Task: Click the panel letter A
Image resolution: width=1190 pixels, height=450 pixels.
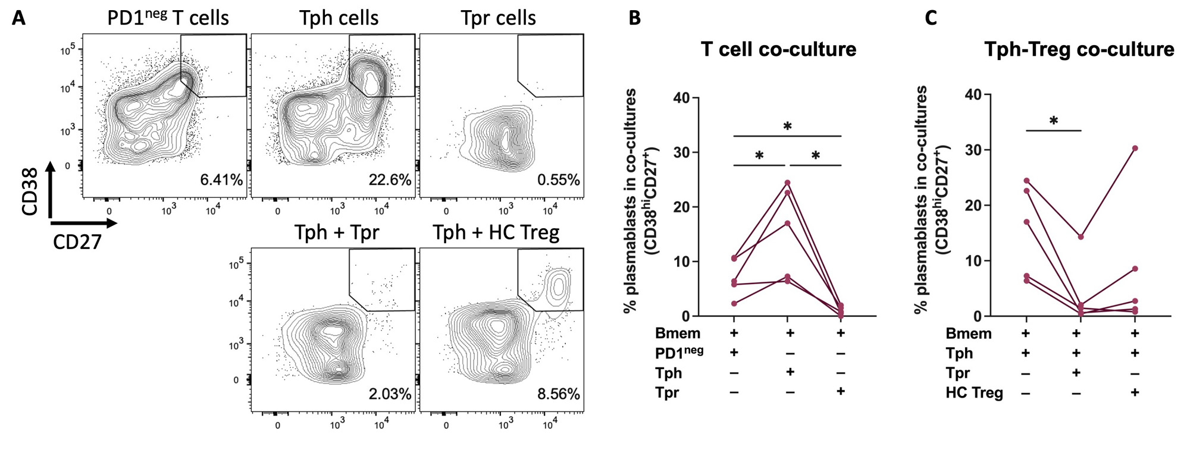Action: (19, 18)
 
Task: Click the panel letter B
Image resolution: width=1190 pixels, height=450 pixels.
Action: (635, 18)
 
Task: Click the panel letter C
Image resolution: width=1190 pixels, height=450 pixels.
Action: (931, 18)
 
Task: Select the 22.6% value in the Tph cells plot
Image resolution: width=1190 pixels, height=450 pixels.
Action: (390, 180)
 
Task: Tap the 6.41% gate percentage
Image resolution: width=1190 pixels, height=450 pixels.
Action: (221, 180)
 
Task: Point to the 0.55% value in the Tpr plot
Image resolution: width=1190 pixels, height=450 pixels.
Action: (558, 180)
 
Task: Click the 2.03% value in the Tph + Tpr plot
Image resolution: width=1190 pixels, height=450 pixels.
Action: (390, 394)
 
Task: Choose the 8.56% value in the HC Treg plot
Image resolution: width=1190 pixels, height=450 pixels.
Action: (558, 394)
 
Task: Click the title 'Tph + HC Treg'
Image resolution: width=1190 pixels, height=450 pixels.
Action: (496, 232)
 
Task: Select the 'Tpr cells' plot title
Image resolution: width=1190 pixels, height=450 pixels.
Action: (498, 18)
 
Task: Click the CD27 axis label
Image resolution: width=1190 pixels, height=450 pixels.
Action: (77, 242)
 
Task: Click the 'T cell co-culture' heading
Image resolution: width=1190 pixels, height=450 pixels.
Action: (778, 49)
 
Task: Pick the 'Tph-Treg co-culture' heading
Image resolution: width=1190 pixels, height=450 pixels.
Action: (1079, 49)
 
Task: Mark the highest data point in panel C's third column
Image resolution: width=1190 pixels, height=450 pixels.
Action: (1135, 148)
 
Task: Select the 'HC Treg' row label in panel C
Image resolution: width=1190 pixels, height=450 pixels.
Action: (974, 393)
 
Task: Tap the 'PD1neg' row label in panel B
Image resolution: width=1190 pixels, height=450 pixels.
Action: (678, 353)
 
